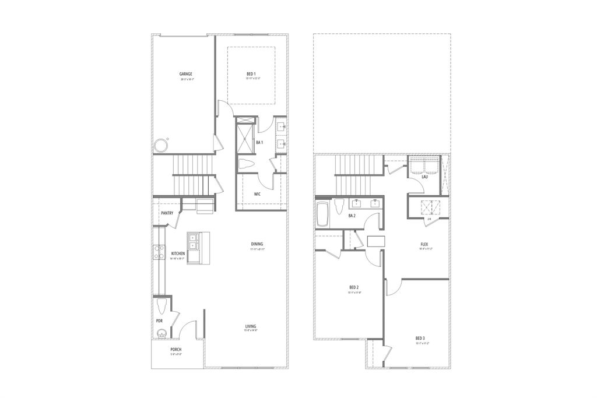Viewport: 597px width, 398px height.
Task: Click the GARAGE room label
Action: [186, 74]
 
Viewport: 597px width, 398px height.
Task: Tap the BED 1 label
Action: [251, 74]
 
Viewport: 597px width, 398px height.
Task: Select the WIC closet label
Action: [257, 194]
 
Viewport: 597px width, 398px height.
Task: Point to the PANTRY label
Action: [167, 213]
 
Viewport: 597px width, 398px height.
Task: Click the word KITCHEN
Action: [178, 253]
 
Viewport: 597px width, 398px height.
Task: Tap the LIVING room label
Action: [251, 326]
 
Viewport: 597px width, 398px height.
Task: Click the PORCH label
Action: [176, 350]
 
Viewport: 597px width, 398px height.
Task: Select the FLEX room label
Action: [425, 244]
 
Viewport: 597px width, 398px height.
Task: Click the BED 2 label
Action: [354, 287]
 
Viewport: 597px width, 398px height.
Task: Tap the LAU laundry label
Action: [424, 177]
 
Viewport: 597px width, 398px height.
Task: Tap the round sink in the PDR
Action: [161, 334]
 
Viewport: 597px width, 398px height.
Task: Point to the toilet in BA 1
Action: [245, 165]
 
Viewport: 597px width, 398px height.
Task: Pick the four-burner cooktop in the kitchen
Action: [158, 252]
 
